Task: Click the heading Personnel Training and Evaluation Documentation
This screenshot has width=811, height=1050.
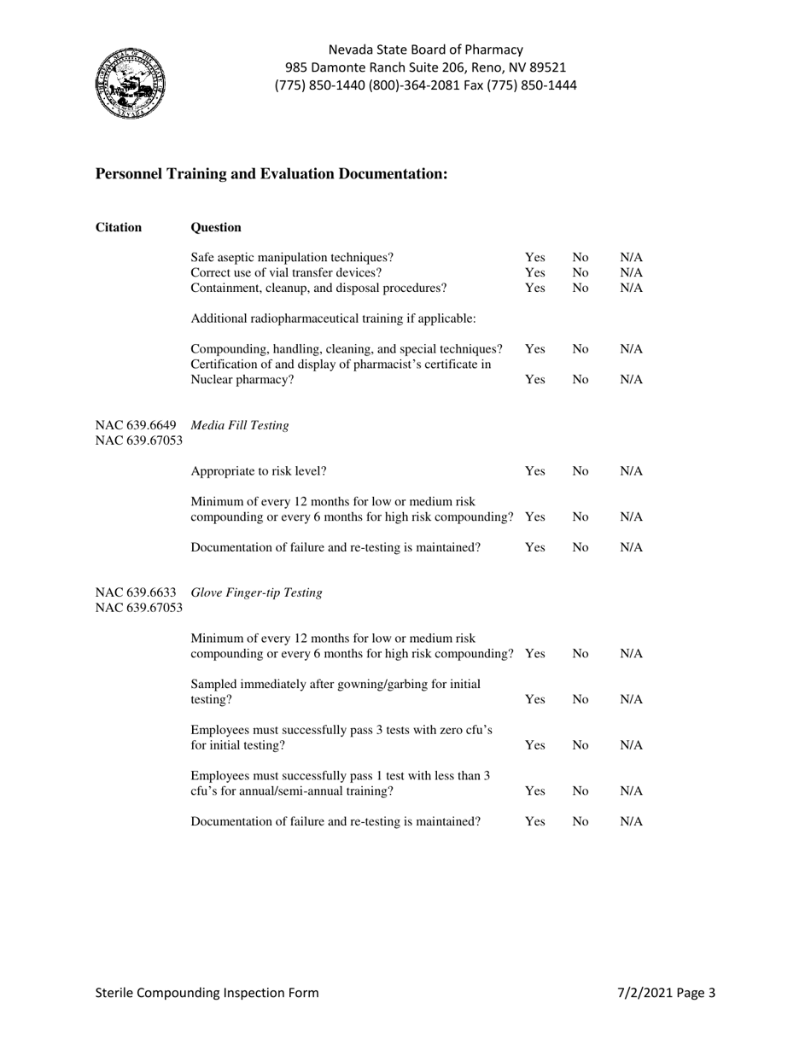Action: coord(271,174)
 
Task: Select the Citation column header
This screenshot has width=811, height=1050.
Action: coord(119,227)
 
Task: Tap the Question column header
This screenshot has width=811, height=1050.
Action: coord(216,227)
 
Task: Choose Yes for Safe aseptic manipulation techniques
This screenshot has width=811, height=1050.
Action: coord(534,257)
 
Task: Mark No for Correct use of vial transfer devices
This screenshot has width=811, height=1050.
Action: coord(581,272)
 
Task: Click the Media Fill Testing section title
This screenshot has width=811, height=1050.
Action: coord(240,425)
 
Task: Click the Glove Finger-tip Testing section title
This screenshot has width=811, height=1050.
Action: coord(257,593)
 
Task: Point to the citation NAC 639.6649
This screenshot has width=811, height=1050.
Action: coord(137,425)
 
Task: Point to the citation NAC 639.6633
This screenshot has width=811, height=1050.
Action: coord(137,593)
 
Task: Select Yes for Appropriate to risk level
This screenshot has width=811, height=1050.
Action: coord(534,471)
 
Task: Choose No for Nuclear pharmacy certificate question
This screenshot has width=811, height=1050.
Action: coord(581,380)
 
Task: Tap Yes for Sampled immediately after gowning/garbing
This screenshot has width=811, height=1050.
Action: coord(534,699)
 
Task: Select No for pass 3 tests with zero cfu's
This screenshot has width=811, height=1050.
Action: coord(581,745)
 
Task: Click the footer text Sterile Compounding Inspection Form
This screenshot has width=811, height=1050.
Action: coord(207,993)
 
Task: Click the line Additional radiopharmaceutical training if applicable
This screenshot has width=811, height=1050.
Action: coord(333,318)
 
